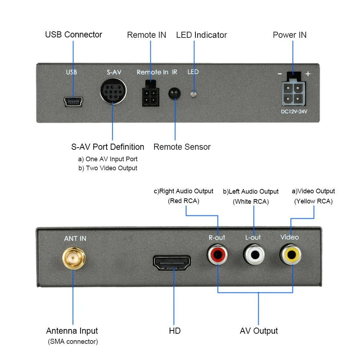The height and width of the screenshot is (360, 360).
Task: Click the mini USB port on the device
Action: pyautogui.click(x=73, y=101)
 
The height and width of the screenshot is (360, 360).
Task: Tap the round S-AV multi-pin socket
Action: pyautogui.click(x=113, y=91)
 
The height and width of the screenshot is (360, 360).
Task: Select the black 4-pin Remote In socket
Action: pyautogui.click(x=150, y=94)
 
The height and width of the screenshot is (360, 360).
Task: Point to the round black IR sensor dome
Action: pyautogui.click(x=175, y=94)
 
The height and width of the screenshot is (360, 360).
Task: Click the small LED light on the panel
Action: pyautogui.click(x=193, y=94)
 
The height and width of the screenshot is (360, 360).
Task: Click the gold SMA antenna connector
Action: pyautogui.click(x=74, y=258)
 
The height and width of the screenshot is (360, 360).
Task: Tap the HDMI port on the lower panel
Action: pyautogui.click(x=172, y=263)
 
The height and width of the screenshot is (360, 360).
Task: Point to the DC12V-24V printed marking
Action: pyautogui.click(x=294, y=112)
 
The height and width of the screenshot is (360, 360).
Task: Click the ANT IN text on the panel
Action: pyautogui.click(x=75, y=239)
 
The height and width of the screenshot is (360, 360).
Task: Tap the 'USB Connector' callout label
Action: pyautogui.click(x=73, y=35)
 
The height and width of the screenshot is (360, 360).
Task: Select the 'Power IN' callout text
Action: pyautogui.click(x=289, y=35)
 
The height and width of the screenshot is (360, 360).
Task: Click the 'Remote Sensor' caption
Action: pyautogui.click(x=182, y=147)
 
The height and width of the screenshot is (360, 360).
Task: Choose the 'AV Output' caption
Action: pyautogui.click(x=259, y=331)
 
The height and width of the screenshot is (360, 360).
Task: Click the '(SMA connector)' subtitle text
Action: pyautogui.click(x=73, y=342)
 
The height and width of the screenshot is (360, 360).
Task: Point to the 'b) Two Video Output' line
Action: pyautogui.click(x=108, y=168)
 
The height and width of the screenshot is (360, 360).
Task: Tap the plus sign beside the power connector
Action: pyautogui.click(x=308, y=74)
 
